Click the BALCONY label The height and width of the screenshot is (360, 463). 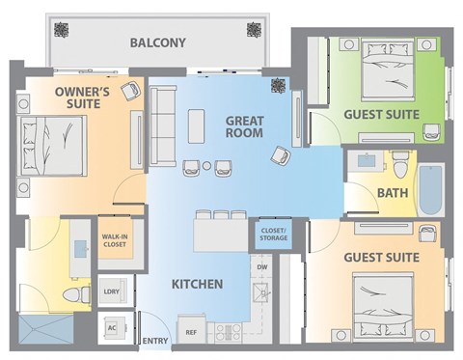159,42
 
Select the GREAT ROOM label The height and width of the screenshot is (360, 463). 245,127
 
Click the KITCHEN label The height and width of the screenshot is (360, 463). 197,285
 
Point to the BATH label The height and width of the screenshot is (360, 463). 392,193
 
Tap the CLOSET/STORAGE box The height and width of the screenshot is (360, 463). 270,235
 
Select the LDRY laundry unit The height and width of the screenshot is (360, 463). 111,291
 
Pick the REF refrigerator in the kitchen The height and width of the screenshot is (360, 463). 191,332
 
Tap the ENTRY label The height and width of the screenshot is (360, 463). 154,342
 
